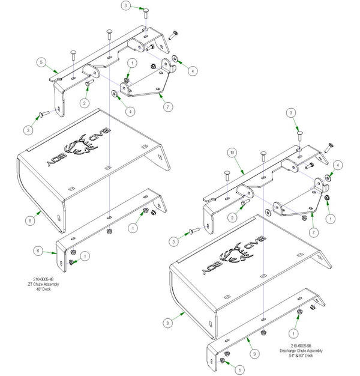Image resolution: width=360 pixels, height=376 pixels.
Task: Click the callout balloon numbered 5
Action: [41, 62]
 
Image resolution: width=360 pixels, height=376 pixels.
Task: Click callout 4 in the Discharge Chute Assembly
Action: [338, 164]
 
